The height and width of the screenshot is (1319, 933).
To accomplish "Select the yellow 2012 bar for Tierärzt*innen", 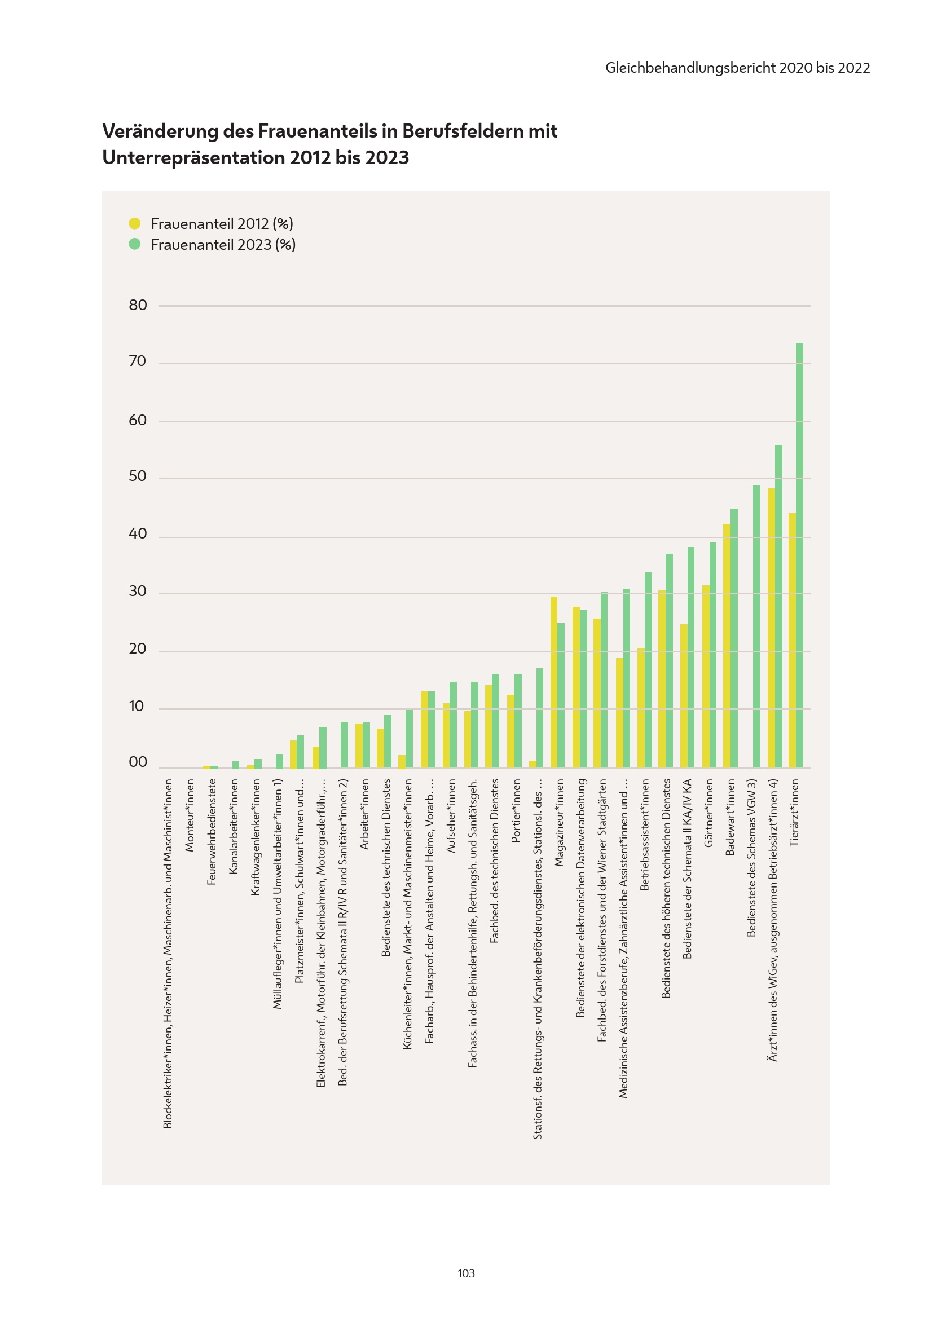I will [791, 640].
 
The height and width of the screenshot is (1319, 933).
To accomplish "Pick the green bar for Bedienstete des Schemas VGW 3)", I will [756, 626].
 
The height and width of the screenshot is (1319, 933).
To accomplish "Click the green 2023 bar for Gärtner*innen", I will [712, 655].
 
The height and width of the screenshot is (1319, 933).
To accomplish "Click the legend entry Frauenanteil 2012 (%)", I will [222, 223].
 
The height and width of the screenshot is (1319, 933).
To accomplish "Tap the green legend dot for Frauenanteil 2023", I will [134, 244].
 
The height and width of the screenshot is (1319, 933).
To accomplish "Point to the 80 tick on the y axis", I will [138, 305].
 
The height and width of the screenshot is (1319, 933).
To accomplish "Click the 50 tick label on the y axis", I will [138, 477].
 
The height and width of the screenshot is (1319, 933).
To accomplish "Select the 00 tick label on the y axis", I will [138, 762].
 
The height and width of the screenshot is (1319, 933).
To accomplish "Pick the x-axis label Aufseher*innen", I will [451, 816].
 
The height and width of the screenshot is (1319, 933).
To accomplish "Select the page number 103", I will [466, 1273].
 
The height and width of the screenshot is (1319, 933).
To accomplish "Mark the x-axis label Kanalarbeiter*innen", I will [234, 827].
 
